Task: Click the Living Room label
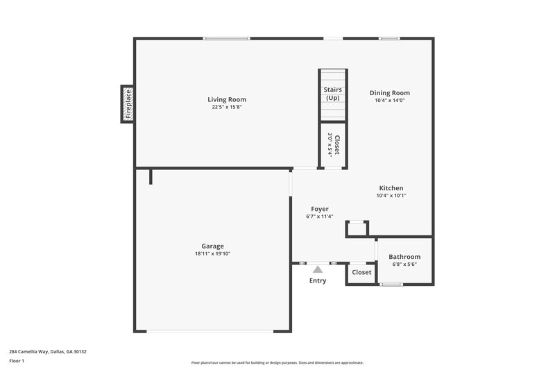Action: (227, 99)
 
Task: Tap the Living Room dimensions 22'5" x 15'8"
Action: (227, 107)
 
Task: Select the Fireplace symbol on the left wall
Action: (128, 103)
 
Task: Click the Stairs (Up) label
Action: (332, 94)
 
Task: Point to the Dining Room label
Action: (389, 93)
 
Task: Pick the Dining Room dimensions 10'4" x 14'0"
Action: (389, 101)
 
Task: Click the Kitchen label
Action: (391, 188)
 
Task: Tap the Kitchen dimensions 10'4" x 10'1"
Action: (391, 196)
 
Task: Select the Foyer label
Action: (319, 209)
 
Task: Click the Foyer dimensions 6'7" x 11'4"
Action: (319, 217)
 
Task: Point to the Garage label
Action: (212, 246)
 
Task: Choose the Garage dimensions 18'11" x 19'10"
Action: (212, 253)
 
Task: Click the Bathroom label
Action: (404, 257)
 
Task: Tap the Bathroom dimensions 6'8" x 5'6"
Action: (404, 264)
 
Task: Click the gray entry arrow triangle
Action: (318, 269)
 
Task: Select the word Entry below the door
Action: (318, 280)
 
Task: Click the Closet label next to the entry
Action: (361, 272)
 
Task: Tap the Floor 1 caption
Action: (17, 361)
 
